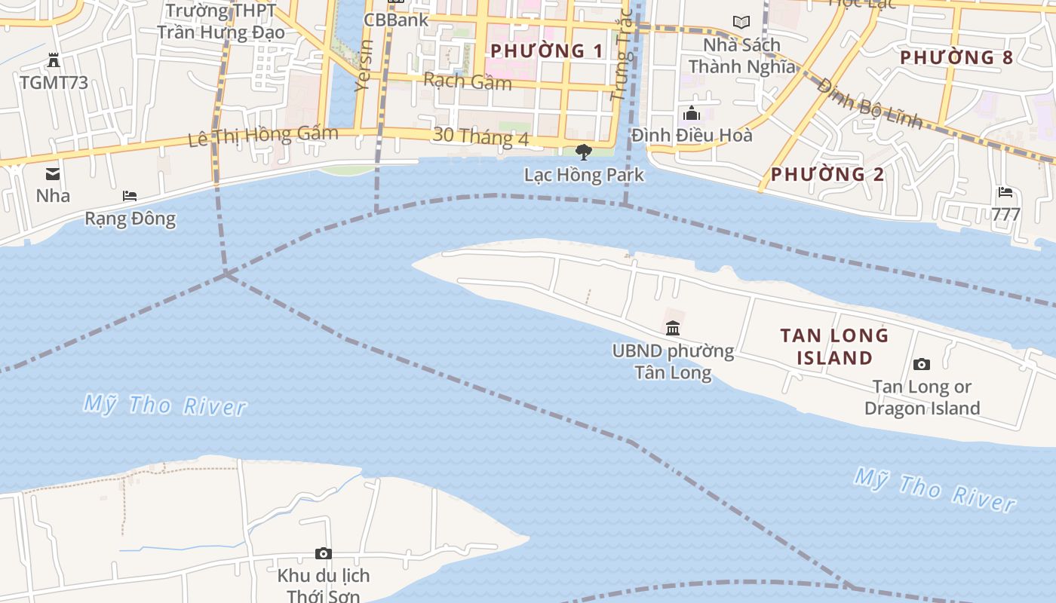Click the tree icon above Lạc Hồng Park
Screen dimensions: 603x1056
[583, 152]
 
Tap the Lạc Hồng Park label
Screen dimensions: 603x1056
[584, 175]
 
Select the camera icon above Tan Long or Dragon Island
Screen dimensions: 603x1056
[921, 365]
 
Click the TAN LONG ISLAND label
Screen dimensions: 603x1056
[834, 347]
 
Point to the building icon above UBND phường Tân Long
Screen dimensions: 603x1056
[673, 328]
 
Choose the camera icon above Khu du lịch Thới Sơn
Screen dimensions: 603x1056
[323, 554]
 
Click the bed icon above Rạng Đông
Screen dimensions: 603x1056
[130, 196]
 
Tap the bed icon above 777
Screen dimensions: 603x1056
[1005, 192]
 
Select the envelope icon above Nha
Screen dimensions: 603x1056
[53, 174]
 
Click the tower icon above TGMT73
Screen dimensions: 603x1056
[54, 60]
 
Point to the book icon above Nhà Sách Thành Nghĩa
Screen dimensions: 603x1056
[741, 23]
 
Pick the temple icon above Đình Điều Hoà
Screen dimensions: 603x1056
[692, 114]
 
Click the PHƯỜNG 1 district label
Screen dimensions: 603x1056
[547, 51]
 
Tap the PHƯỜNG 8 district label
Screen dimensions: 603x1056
[956, 57]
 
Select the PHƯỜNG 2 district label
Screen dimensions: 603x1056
[827, 174]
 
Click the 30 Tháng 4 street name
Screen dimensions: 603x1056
[480, 136]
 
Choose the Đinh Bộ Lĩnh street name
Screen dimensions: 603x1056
[868, 103]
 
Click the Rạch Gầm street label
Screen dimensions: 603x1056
[468, 81]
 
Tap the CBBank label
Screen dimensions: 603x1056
[396, 20]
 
